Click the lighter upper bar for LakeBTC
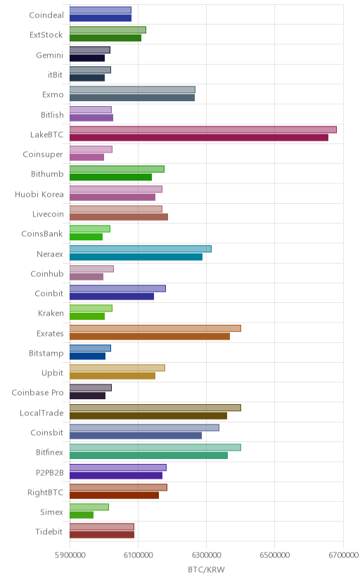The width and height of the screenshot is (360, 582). tap(203, 129)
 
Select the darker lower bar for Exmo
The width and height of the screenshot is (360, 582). tap(132, 98)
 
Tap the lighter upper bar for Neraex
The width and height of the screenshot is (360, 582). tap(141, 249)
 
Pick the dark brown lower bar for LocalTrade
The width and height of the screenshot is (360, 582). tap(148, 415)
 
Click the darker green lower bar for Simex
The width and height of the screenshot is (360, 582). tap(82, 515)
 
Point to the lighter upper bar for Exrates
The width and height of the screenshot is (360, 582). tap(155, 328)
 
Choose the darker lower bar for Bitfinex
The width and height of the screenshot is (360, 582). tap(149, 455)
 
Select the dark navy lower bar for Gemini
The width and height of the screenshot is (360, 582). tap(87, 58)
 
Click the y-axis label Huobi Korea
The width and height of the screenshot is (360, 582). tap(39, 194)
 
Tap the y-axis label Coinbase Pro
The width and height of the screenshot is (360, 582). tap(37, 393)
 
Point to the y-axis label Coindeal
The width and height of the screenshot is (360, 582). tap(46, 15)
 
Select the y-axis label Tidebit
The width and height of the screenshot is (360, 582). tap(49, 531)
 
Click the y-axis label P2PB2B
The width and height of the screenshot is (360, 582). tap(50, 472)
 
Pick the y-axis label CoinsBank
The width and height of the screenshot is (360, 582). tap(42, 234)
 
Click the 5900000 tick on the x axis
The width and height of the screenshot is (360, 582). tap(70, 555)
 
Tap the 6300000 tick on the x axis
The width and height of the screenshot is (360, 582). tap(206, 555)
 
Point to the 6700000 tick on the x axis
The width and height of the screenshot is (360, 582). tap(343, 555)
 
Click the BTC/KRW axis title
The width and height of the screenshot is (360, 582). tap(206, 570)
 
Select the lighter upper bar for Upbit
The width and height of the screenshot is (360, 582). tap(117, 368)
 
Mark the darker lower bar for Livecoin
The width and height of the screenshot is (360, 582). tap(119, 216)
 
